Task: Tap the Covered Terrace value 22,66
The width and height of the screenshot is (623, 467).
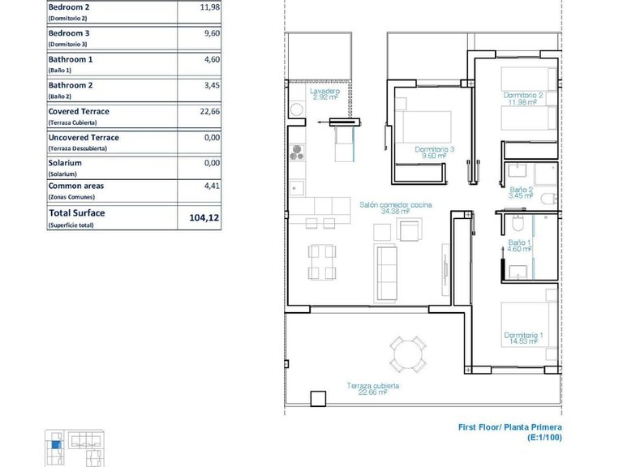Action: [x=209, y=113]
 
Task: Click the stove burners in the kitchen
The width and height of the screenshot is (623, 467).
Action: [x=297, y=153]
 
